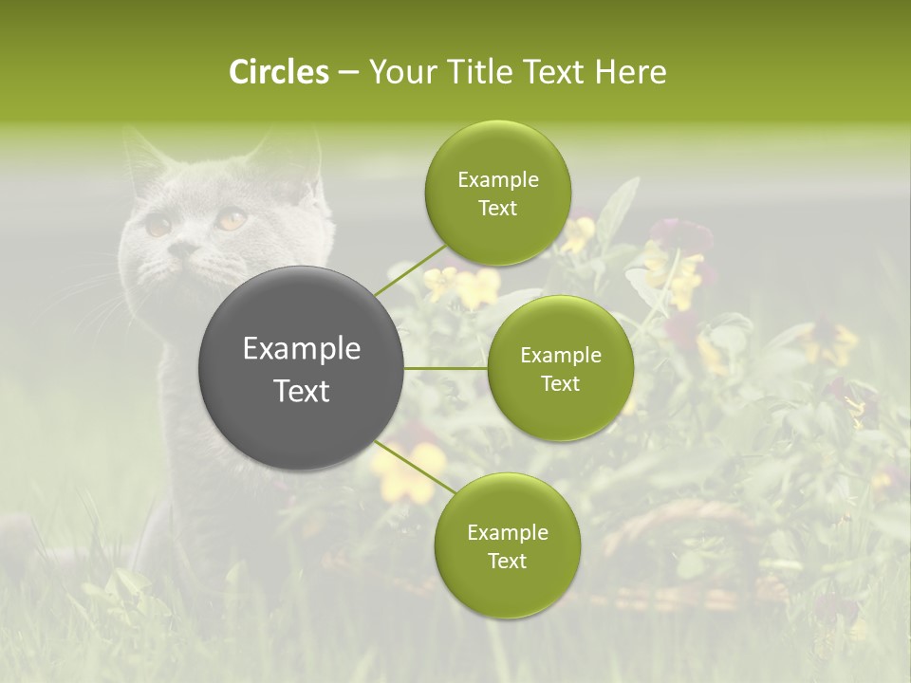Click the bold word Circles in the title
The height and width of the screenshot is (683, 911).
pyautogui.click(x=279, y=72)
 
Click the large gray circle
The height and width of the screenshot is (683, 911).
pyautogui.click(x=302, y=368)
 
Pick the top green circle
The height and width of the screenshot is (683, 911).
pyautogui.click(x=497, y=194)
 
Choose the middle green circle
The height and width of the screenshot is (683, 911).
pyautogui.click(x=560, y=368)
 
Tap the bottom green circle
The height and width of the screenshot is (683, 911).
pyautogui.click(x=507, y=545)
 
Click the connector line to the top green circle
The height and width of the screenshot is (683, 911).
pyautogui.click(x=410, y=268)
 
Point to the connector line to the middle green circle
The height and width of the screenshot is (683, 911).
pyautogui.click(x=446, y=368)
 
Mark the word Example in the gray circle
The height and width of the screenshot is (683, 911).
pyautogui.click(x=302, y=349)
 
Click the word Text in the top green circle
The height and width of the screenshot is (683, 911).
pyautogui.click(x=497, y=209)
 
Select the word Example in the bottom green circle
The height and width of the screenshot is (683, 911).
pyautogui.click(x=507, y=533)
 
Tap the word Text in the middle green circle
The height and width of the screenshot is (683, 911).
pyautogui.click(x=560, y=383)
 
